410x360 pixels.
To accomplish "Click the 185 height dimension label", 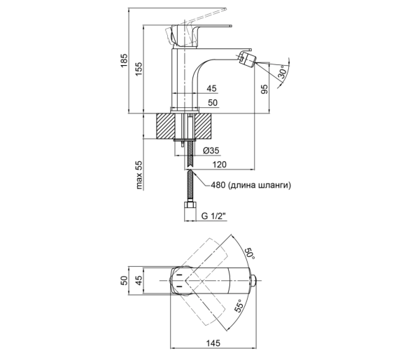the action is [124, 60].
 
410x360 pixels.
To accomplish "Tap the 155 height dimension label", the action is [139, 69].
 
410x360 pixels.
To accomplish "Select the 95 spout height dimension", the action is [264, 89].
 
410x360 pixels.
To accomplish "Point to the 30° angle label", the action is [283, 71].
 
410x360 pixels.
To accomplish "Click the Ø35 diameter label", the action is [211, 151].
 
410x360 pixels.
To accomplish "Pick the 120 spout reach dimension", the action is [220, 165].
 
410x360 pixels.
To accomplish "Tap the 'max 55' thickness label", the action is [139, 174].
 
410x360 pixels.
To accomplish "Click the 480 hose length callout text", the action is [250, 185].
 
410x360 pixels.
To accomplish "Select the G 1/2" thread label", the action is [213, 216].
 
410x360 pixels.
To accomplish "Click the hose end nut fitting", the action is [190, 211].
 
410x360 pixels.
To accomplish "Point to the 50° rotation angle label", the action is [250, 253].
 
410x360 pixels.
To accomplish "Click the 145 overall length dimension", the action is [213, 342].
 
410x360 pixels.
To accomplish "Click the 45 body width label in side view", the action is [211, 88].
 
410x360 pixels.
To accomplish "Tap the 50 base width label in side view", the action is [213, 102].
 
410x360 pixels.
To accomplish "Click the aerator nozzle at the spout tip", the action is [246, 60].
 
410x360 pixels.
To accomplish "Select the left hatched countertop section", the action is [164, 126].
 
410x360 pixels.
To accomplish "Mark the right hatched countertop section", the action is [204, 126].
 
